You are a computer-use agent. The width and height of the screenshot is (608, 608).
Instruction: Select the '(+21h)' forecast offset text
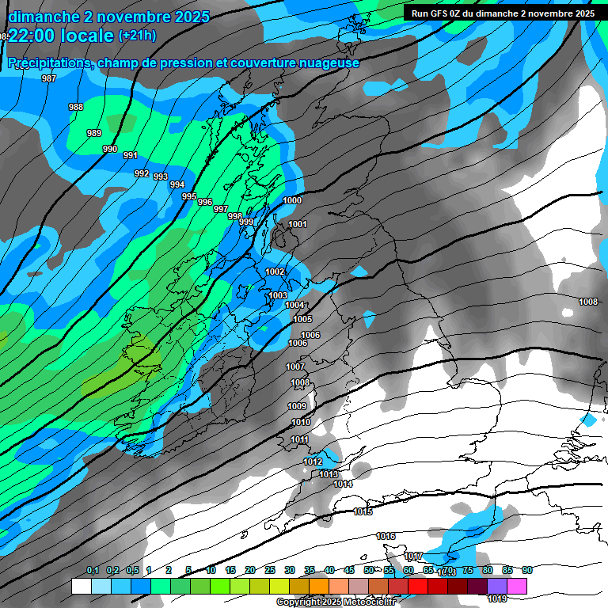[x=137, y=35]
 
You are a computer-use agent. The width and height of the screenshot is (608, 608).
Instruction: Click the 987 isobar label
[x=49, y=78]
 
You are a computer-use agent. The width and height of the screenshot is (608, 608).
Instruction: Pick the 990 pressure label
[x=110, y=149]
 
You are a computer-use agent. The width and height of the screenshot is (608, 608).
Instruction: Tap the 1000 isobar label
[x=292, y=200]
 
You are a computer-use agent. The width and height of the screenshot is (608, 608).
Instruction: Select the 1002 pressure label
[x=275, y=272]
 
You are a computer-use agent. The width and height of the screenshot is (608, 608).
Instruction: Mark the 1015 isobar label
[x=363, y=512]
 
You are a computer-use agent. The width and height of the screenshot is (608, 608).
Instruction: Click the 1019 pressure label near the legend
[x=497, y=577]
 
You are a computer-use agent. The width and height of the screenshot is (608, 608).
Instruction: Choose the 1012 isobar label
[x=313, y=462]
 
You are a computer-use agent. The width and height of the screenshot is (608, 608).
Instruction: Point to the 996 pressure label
[x=205, y=202]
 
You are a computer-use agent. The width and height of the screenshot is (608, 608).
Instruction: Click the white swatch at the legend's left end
[x=81, y=586]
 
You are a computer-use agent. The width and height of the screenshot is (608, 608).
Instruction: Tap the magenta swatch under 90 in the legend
[x=517, y=586]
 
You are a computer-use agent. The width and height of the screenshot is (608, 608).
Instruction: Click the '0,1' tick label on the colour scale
[x=93, y=571]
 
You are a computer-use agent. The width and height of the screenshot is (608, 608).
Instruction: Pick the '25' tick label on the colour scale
[x=270, y=571]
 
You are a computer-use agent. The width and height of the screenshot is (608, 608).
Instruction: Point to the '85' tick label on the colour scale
[x=507, y=571]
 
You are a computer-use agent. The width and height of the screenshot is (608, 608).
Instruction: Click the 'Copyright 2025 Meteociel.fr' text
[x=336, y=602]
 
